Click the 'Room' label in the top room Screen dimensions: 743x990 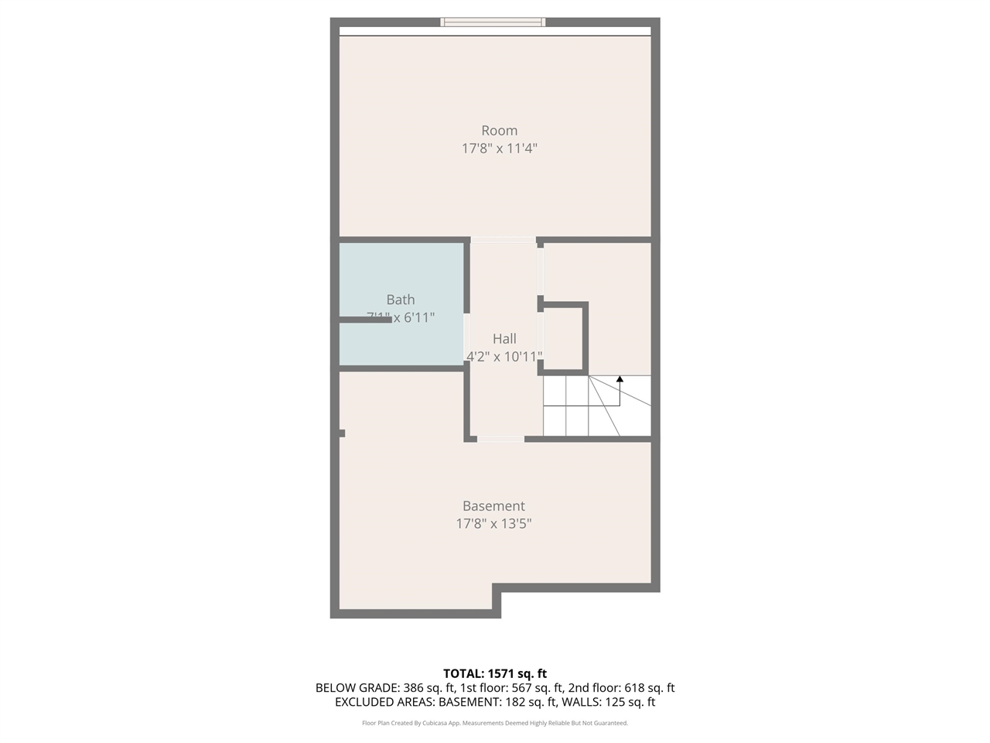pos(499,131)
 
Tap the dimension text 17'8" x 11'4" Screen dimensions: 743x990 pos(499,149)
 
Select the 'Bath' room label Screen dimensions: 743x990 pos(401,300)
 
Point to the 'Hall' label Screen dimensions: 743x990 pos(504,338)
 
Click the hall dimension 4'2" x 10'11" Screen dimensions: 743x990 pos(504,357)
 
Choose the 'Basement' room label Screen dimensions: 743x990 pos(493,506)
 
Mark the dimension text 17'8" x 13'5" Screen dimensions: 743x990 pos(493,524)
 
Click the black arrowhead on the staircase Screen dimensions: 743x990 pos(620,379)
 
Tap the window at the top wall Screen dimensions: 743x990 pos(493,22)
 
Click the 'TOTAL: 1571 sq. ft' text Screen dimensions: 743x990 pos(495,673)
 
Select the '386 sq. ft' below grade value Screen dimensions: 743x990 pos(428,688)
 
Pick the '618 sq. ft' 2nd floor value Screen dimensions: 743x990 pos(641,688)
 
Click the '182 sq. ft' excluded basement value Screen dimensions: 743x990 pos(530,703)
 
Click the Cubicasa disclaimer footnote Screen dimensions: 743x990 pos(495,724)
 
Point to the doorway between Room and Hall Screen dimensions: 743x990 pos(503,240)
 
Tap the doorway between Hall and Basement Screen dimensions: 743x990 pos(500,439)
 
